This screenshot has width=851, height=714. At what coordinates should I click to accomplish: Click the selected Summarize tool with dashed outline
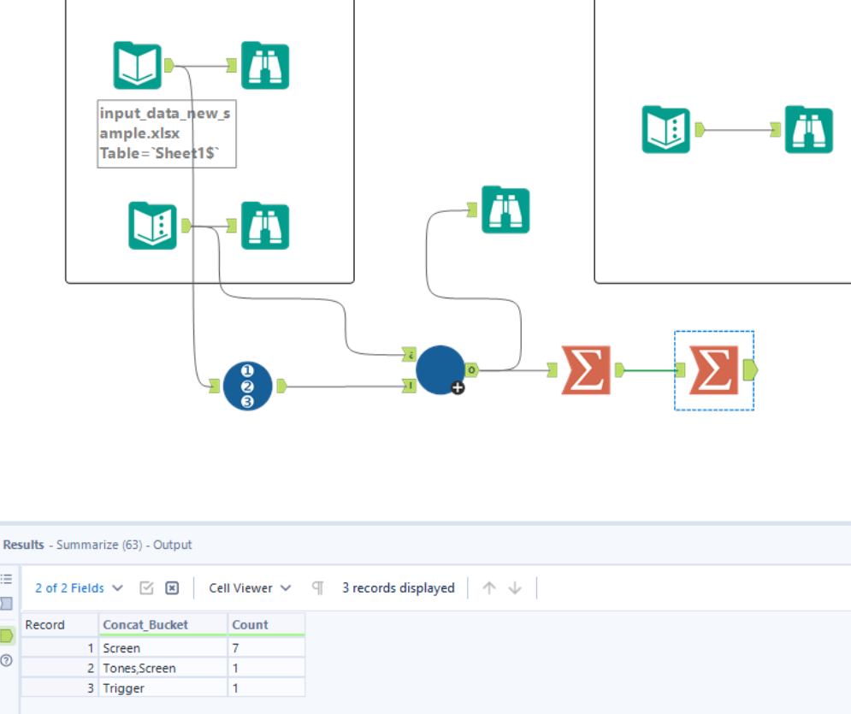point(713,370)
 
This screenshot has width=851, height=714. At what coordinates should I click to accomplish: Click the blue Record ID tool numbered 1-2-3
point(248,387)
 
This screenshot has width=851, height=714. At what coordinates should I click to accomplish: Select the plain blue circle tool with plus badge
point(440,369)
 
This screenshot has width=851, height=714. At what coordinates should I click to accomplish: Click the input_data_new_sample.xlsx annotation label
point(166,133)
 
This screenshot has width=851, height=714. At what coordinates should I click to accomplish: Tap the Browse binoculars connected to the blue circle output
point(505,209)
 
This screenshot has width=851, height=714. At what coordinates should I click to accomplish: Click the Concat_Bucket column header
point(144,625)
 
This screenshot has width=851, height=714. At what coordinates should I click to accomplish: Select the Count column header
point(251,625)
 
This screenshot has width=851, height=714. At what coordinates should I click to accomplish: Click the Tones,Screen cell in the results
point(139,668)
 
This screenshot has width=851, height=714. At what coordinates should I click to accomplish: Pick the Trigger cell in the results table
point(124,688)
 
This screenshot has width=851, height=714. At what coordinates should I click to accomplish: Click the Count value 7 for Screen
point(236,648)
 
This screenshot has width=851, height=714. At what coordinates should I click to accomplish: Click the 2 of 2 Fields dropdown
point(79,588)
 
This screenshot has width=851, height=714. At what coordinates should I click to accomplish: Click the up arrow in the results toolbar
point(489,588)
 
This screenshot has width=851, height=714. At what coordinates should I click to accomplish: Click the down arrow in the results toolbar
point(515,588)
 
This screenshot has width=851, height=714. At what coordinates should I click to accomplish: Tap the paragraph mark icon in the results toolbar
point(318,588)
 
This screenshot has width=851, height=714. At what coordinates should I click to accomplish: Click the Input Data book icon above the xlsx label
point(138,66)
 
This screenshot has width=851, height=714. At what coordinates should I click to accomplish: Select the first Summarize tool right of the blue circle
point(587,370)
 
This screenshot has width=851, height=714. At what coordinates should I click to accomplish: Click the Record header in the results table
point(45,625)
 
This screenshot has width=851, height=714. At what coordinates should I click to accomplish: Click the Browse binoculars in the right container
point(808,129)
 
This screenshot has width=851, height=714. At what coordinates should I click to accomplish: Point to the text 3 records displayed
point(399,588)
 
